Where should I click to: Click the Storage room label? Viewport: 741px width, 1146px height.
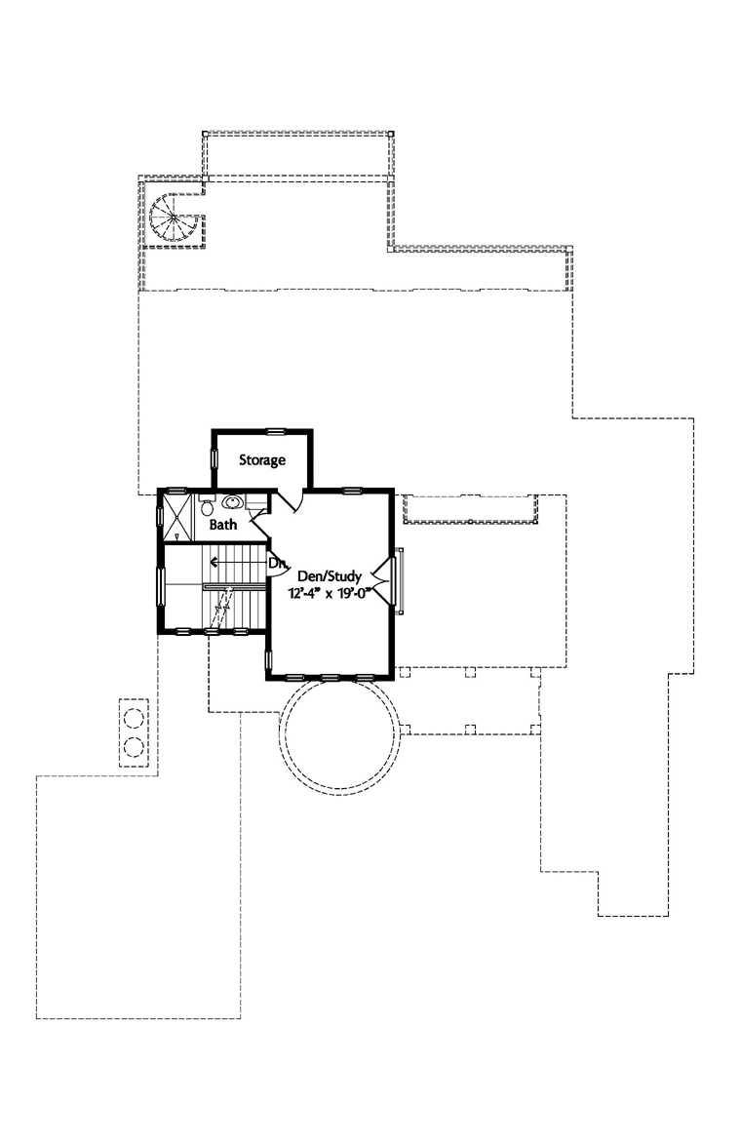[x=262, y=459]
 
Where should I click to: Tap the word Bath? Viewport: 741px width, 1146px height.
[x=224, y=525]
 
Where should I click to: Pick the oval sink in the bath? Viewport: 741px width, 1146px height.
[x=233, y=503]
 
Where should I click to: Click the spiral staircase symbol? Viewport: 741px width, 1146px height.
[x=173, y=217]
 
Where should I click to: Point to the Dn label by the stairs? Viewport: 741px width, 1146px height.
[x=277, y=563]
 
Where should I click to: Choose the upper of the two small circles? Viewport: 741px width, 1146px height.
[x=134, y=720]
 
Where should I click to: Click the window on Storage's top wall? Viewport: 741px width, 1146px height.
[x=276, y=429]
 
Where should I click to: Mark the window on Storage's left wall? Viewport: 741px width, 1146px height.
[x=214, y=460]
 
